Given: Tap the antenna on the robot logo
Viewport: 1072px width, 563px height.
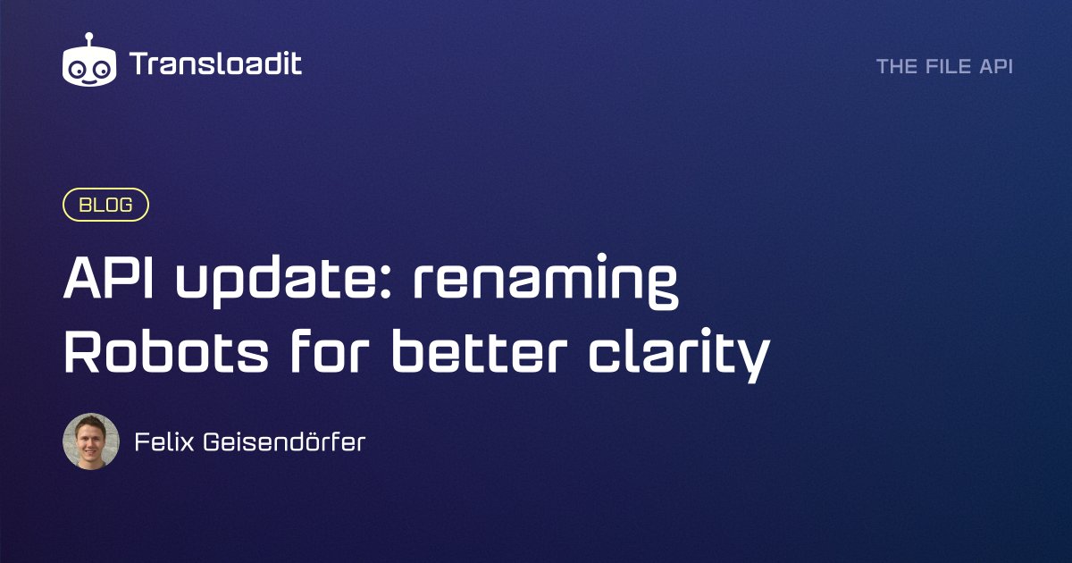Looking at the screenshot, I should (x=90, y=38).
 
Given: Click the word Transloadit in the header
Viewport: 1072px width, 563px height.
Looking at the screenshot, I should (x=215, y=63).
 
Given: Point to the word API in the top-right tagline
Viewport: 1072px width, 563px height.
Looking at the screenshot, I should (x=996, y=67).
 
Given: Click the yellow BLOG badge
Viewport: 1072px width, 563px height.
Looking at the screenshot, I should (x=105, y=205).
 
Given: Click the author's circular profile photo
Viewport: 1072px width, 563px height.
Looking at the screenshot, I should (x=91, y=441).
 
